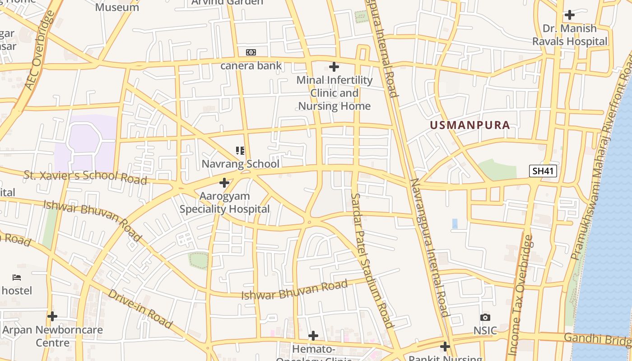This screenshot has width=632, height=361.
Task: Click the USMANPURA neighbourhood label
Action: (x=470, y=125)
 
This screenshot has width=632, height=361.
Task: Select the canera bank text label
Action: (x=251, y=65)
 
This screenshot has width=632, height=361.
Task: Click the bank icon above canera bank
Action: (x=251, y=52)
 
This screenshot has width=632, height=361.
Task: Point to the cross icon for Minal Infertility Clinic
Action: (x=334, y=67)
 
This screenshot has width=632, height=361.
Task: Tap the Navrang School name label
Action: (x=240, y=164)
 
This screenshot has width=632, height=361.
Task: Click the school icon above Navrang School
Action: (x=240, y=151)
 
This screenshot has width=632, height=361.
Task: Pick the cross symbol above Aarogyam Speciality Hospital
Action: (x=224, y=183)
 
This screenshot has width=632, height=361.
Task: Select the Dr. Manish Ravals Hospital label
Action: (x=570, y=35)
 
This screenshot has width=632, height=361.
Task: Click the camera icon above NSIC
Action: (x=485, y=318)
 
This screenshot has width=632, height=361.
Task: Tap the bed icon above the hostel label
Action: (x=17, y=277)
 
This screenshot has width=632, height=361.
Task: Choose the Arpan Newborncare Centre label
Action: (x=52, y=336)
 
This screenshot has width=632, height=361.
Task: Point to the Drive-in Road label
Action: (x=140, y=309)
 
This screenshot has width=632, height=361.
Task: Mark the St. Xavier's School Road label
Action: (x=85, y=177)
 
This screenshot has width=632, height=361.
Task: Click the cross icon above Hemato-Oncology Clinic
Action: (x=313, y=336)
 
